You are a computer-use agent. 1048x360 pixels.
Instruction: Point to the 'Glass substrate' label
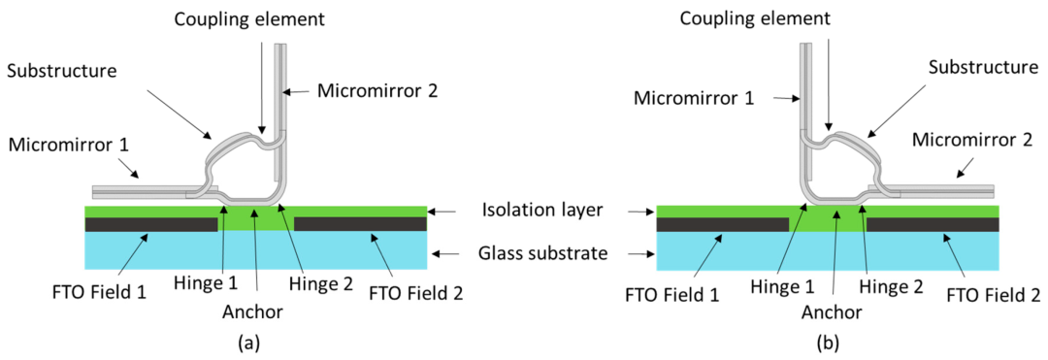(x=541, y=254)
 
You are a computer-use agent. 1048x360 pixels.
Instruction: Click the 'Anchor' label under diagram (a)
(x=256, y=311)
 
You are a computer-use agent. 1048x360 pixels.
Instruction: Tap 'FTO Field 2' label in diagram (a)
(x=415, y=293)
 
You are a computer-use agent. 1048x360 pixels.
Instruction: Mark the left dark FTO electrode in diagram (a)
(x=151, y=224)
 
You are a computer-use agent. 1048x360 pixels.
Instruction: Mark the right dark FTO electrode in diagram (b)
(x=933, y=224)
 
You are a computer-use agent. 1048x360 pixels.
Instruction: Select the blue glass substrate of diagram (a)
(x=256, y=249)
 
